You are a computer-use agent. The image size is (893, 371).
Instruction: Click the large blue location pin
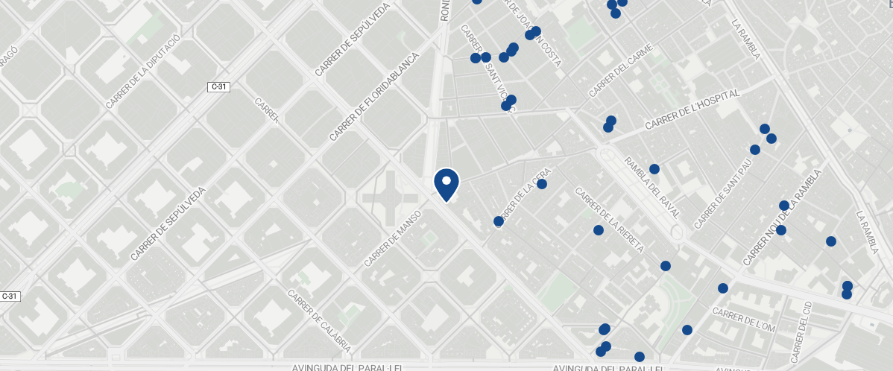(446, 184)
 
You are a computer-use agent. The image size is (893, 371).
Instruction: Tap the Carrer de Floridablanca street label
(375, 96)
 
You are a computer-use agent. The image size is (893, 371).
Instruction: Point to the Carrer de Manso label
(393, 238)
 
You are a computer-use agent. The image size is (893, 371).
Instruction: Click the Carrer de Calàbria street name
(319, 321)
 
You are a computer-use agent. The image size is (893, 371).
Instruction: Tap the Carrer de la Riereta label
(609, 220)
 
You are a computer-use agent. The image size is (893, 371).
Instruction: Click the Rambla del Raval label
(653, 187)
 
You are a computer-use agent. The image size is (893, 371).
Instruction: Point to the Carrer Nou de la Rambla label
(781, 218)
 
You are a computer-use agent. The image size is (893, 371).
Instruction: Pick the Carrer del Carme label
(621, 71)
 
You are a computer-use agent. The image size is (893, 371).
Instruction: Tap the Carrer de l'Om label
(744, 320)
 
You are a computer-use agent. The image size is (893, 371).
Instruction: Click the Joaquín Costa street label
(536, 34)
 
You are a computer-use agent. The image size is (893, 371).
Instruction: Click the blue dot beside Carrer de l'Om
(722, 288)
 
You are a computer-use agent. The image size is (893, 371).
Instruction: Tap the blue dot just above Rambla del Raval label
(654, 169)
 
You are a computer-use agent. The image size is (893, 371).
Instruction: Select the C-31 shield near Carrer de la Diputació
(218, 87)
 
